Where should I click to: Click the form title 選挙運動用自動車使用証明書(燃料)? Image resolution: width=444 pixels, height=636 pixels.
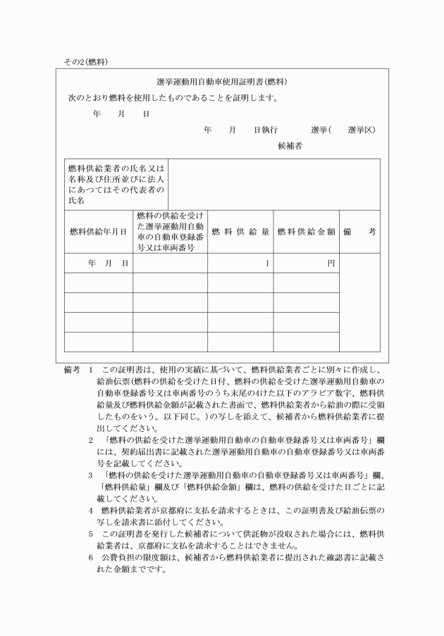[x=221, y=82]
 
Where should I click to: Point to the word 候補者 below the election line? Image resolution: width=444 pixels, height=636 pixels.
[x=290, y=146]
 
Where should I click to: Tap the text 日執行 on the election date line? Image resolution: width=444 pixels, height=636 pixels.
[x=266, y=130]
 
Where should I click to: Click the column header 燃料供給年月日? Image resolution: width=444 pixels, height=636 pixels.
[x=98, y=231]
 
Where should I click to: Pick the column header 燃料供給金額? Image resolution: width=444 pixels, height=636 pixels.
[x=306, y=231]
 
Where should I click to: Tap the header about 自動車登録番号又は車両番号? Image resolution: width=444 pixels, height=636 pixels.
[x=170, y=231]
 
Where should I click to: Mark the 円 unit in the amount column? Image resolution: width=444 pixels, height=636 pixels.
[x=331, y=263]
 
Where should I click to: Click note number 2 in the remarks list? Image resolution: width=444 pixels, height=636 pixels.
[x=91, y=440]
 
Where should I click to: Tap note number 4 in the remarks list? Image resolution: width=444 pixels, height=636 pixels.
[x=91, y=509]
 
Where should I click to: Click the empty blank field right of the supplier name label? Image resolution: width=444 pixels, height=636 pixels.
[x=274, y=185]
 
